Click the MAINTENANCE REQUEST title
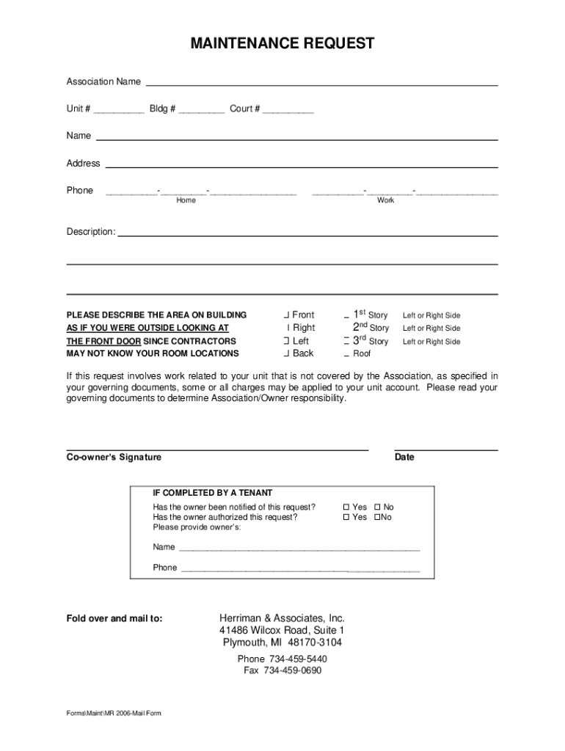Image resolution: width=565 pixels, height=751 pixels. coord(282,44)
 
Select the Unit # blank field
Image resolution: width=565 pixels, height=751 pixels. coord(118,111)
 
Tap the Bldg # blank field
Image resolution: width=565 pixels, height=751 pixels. coord(201,111)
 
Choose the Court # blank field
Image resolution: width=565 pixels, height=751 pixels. coord(288,111)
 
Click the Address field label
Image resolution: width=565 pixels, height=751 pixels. coord(83,164)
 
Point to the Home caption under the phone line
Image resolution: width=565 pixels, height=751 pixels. coord(186,201)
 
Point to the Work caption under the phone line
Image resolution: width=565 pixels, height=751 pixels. coord(385,201)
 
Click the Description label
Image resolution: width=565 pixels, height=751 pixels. coord(91,232)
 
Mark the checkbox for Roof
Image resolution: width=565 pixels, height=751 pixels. coord(346,353)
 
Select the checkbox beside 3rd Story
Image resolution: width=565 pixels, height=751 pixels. coord(346,341)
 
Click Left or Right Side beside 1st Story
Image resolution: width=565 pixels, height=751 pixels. coord(431,315)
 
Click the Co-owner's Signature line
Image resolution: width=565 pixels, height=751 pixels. coord(217,448)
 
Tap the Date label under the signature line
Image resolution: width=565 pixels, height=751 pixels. coord(404,457)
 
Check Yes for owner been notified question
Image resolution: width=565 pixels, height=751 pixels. coord(347,508)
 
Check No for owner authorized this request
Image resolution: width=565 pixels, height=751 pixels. coord(376,517)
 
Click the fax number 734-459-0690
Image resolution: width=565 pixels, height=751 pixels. coord(292,671)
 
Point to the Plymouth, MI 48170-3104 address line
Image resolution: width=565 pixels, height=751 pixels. coord(282,643)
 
